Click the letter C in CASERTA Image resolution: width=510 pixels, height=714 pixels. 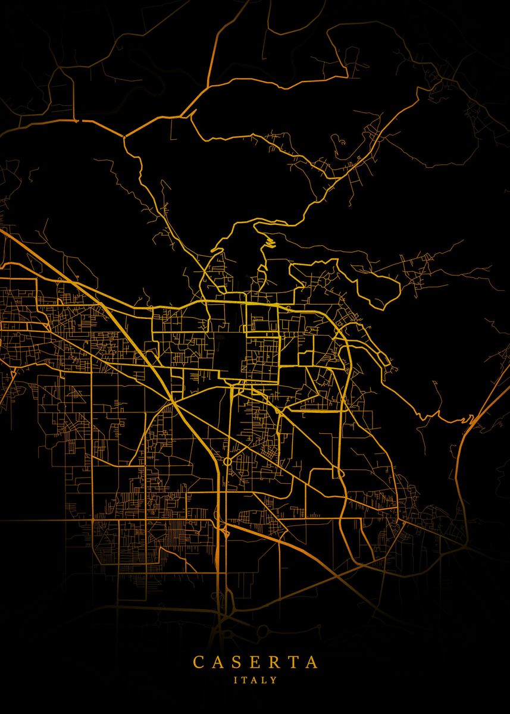[198, 662]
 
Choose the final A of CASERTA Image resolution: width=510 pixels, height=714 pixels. [311, 662]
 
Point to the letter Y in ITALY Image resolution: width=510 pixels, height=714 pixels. [274, 679]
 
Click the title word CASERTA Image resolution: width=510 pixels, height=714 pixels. [255, 662]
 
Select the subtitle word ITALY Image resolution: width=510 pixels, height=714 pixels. [255, 679]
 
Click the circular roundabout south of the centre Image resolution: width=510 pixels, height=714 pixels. [227, 461]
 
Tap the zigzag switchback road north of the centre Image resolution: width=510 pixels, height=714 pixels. [270, 242]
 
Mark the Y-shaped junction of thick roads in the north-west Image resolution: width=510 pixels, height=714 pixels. [124, 137]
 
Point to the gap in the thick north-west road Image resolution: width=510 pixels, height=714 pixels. [78, 121]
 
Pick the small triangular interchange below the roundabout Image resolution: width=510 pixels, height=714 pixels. [224, 528]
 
